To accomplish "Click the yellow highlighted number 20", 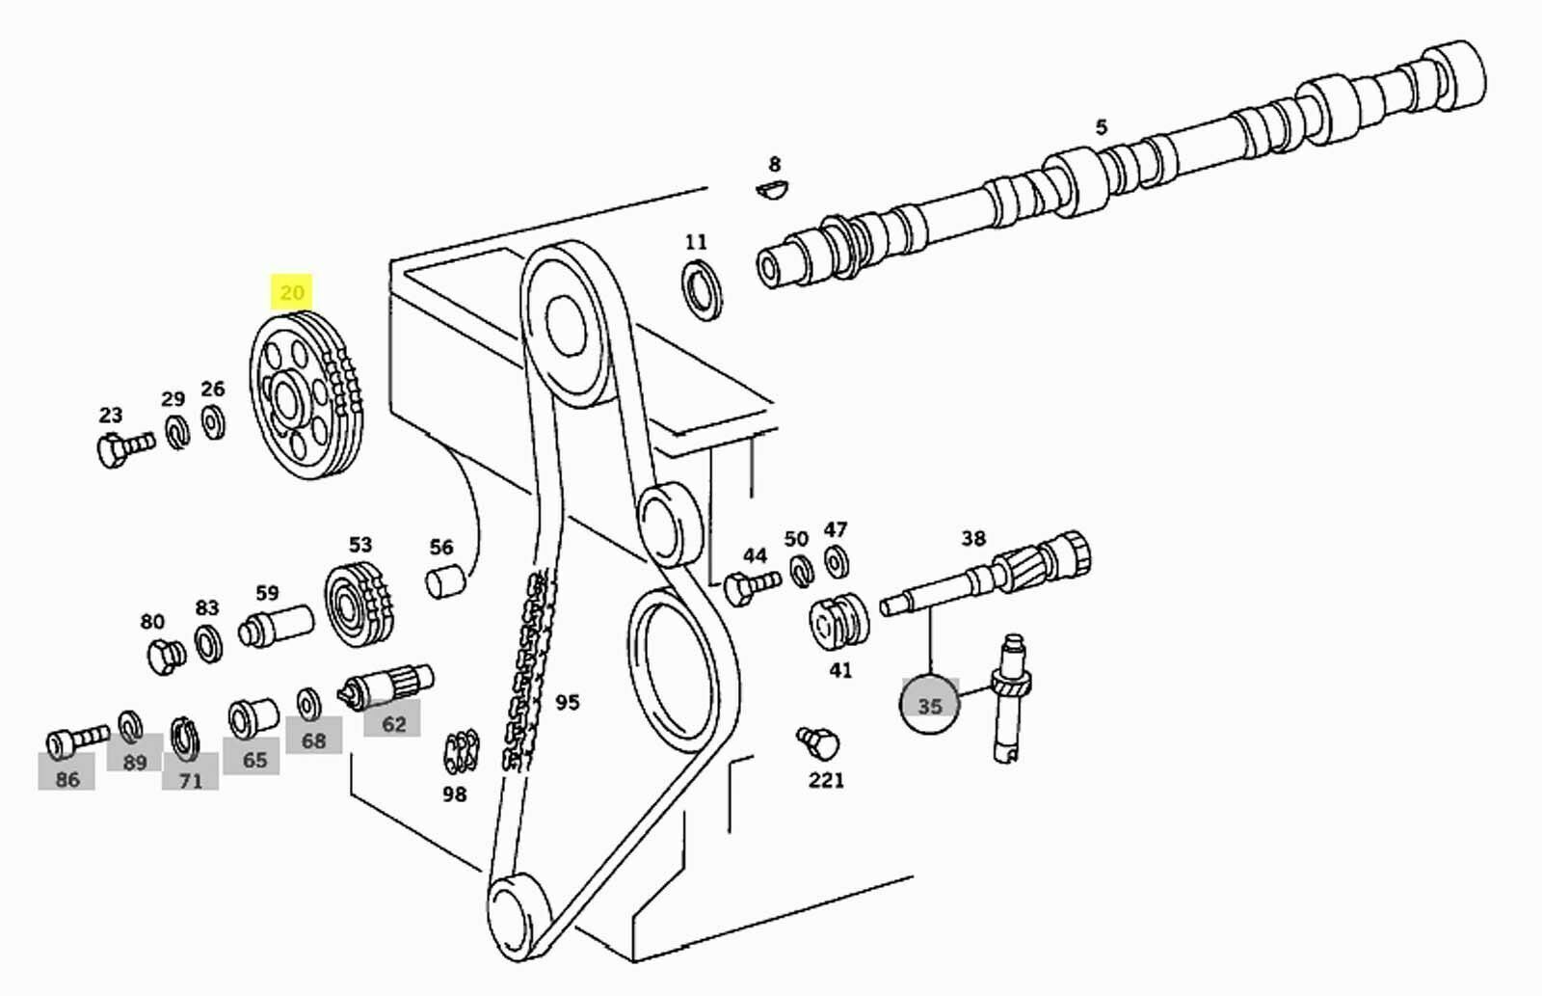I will point(291,291).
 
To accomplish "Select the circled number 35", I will point(929,706).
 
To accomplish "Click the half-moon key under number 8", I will point(772,188).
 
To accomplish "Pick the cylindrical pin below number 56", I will point(444,581).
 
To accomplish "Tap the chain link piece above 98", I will point(461,753).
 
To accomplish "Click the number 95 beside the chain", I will point(568,702).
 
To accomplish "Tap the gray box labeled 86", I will point(66,778).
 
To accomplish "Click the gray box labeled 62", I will point(392,724).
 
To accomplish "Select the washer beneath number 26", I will point(214,421).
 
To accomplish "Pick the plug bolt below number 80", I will point(166,656).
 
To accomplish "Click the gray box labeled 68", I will point(313,740).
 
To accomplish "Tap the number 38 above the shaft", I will point(973,538).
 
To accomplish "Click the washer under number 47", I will point(837,559).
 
